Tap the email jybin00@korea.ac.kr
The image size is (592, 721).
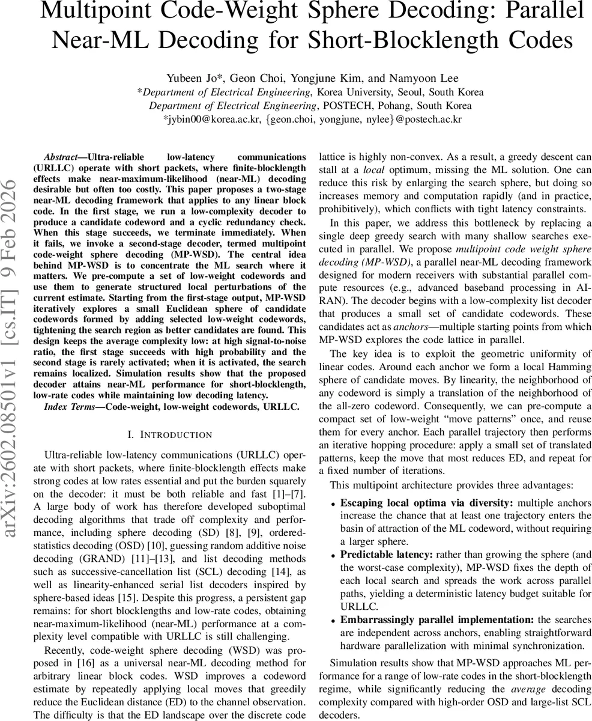click(x=212, y=120)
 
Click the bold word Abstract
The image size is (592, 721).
click(x=63, y=156)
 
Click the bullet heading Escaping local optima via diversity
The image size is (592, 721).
click(x=426, y=502)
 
